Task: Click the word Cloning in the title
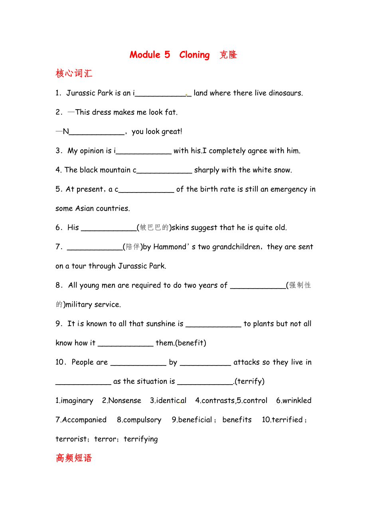(x=194, y=55)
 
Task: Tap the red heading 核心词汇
(x=74, y=74)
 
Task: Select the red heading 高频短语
(x=74, y=458)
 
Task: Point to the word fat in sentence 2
(x=171, y=112)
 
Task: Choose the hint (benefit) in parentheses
(x=191, y=343)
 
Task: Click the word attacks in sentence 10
(x=247, y=362)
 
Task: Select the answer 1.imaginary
(x=75, y=401)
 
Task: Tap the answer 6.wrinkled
(x=294, y=401)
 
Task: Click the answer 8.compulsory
(x=139, y=420)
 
